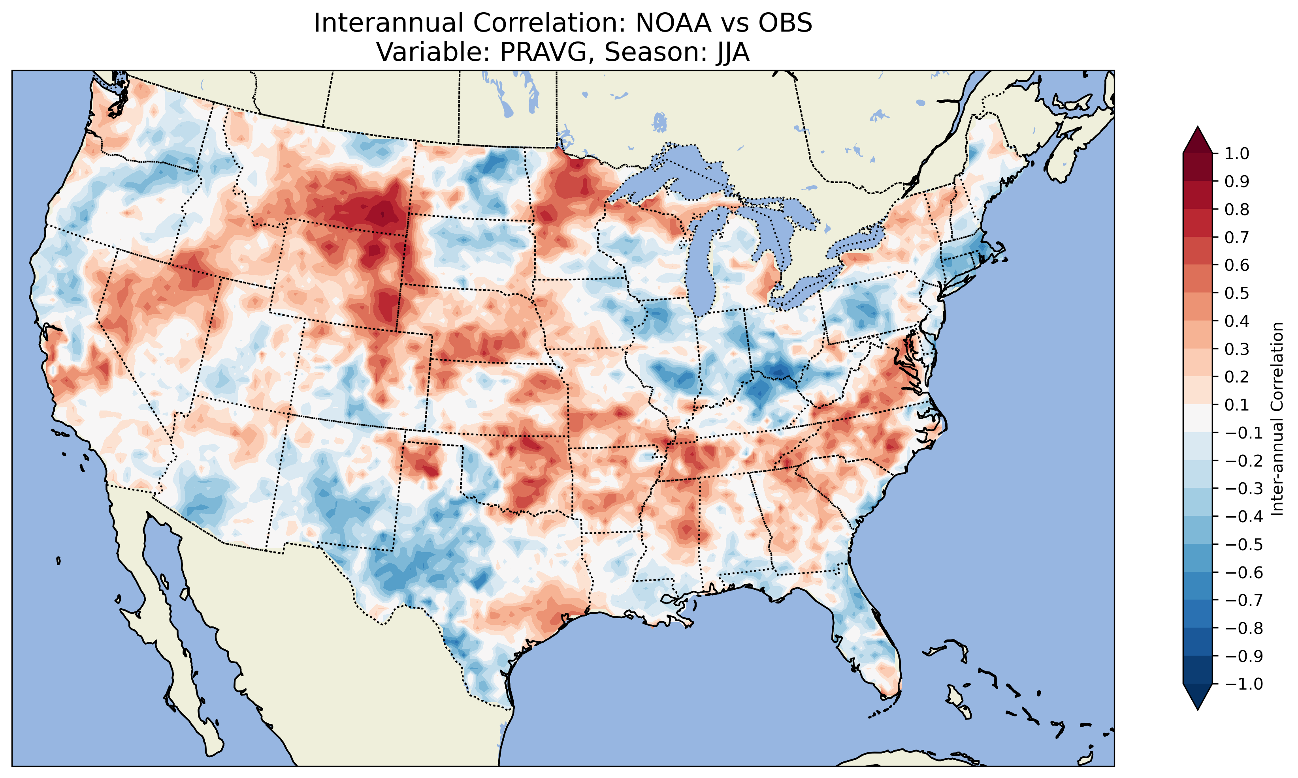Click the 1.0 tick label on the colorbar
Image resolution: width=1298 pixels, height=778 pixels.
pos(1237,154)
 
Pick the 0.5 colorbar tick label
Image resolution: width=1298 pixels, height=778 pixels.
pos(1237,293)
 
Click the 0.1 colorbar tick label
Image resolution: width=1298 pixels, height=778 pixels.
pos(1237,405)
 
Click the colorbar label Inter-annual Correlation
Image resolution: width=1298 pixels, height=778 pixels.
pos(1277,418)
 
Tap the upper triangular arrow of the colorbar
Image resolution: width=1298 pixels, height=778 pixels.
pos(1198,139)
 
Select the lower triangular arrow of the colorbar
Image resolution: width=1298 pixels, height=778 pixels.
pos(1198,697)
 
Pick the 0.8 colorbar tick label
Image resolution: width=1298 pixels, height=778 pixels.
pos(1237,209)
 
